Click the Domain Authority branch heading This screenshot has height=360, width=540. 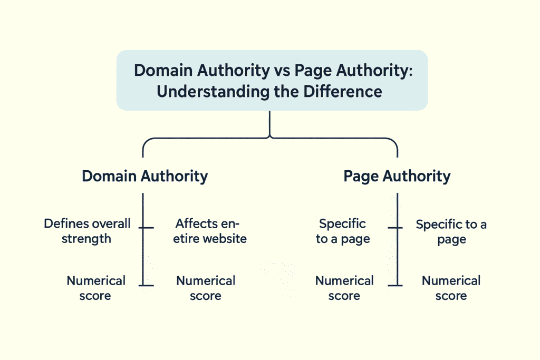click(144, 176)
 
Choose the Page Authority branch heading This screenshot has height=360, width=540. click(397, 176)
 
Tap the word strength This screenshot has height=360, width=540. click(86, 238)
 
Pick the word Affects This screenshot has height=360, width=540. click(196, 223)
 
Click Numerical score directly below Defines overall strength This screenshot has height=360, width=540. click(95, 288)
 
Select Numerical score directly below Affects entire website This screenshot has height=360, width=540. click(205, 288)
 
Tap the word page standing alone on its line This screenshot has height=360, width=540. click(451, 239)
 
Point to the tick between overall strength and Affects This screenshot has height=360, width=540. click(146, 228)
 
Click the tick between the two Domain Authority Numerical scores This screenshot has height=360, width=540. click(146, 286)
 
